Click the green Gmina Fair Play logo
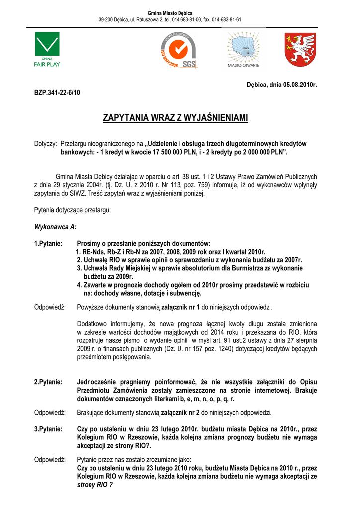47,49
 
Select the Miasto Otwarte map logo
243,49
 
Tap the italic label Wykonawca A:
55,227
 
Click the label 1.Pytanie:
48,243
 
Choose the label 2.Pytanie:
48,382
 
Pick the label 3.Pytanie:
48,428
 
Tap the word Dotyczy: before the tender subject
45,143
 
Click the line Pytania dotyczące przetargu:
72,210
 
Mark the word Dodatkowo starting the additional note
93,323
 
